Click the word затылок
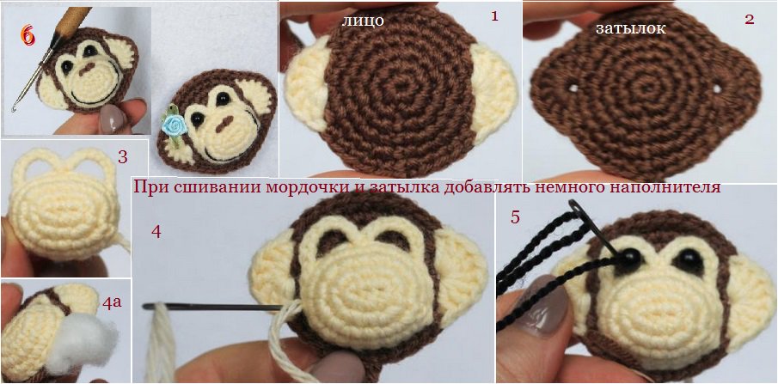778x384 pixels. tap(631, 28)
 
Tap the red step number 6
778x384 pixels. tap(28, 35)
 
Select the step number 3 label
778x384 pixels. tap(123, 157)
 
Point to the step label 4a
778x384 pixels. tap(113, 303)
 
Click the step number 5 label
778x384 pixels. tap(516, 216)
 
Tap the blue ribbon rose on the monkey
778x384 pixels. tap(174, 126)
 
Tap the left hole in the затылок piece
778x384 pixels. tap(573, 88)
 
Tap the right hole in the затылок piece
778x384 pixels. tap(718, 88)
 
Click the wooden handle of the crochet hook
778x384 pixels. tap(73, 20)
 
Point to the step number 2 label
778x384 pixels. tap(750, 19)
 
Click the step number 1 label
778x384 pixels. tap(494, 15)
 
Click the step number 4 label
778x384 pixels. tap(156, 231)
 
